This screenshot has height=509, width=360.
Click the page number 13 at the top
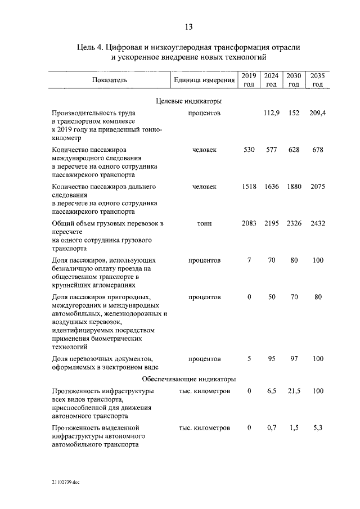188,27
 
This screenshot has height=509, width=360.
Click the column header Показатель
110,80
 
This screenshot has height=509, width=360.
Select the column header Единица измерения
204,80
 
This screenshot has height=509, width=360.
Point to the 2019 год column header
249,80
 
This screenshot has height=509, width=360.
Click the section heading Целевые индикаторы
188,101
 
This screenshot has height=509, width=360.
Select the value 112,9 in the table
272,113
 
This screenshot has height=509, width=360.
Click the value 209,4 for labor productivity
317,113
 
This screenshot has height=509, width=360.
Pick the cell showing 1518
249,186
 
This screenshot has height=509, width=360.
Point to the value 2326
294,223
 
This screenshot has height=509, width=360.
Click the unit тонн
204,223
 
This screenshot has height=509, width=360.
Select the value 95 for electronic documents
272,358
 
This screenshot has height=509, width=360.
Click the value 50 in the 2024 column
272,297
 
